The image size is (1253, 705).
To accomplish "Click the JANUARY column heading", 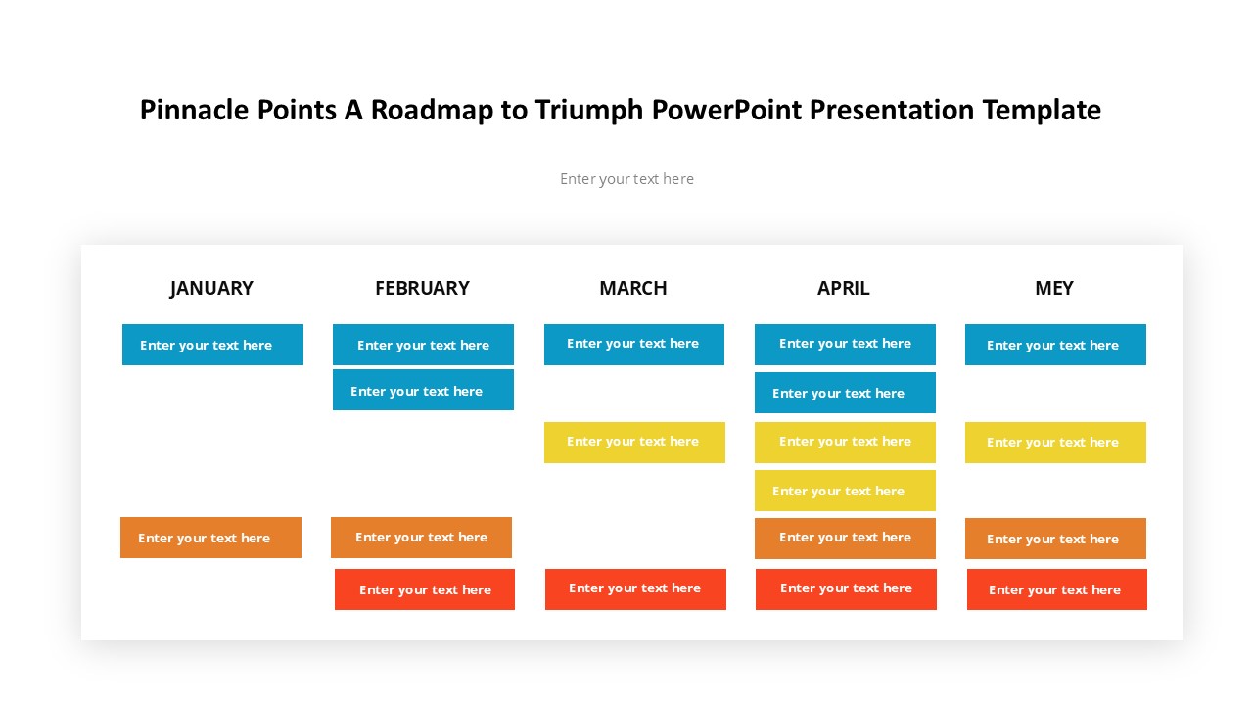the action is tap(211, 288).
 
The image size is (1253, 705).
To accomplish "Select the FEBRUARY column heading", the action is tap(422, 288).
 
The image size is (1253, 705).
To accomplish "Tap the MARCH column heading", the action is tap(633, 288).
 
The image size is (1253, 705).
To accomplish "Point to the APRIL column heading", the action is tap(844, 288).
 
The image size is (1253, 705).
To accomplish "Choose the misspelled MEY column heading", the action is tap(1054, 288).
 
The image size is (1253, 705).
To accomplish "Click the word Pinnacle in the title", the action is tap(194, 110).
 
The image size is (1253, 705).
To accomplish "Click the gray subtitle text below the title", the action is tap(626, 179).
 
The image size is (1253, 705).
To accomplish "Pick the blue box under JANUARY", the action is tap(212, 345).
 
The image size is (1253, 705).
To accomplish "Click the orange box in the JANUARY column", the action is tap(210, 538).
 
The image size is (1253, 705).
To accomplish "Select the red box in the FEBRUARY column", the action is tap(425, 589).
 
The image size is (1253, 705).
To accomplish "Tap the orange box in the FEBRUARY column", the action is tap(421, 538).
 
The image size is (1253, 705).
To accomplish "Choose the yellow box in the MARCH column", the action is tap(634, 443).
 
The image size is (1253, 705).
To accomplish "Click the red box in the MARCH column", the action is tap(635, 589).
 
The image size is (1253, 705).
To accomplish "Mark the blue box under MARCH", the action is tap(633, 345).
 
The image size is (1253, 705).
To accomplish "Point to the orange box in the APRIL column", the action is tap(845, 539).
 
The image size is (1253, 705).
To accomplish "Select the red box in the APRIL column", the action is tap(846, 589).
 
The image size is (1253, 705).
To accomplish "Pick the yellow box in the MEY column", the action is tap(1055, 443).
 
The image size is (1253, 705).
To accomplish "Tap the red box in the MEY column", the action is tap(1056, 589).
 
